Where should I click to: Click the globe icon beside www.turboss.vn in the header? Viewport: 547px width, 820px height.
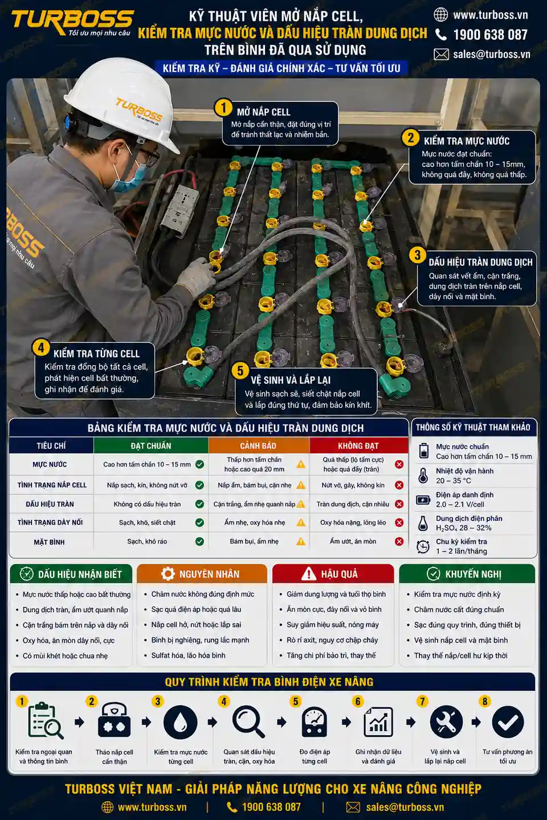[x=441, y=15]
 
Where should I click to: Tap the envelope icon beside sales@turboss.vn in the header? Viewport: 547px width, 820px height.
[x=441, y=55]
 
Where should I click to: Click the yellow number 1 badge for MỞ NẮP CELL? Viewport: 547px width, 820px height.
[x=223, y=108]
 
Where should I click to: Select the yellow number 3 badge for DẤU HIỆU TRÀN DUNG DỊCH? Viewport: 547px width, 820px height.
[x=417, y=255]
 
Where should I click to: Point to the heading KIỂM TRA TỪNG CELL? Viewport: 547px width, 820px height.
[x=96, y=354]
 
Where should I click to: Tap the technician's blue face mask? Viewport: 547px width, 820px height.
[x=129, y=177]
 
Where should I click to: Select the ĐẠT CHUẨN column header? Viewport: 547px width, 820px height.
[x=151, y=445]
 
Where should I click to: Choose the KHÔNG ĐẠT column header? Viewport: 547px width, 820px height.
[x=358, y=445]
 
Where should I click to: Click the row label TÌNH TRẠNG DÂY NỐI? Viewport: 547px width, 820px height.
[x=50, y=522]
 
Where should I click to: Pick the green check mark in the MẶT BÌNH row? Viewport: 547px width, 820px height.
[x=199, y=542]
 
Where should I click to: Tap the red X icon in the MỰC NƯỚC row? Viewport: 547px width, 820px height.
[x=399, y=464]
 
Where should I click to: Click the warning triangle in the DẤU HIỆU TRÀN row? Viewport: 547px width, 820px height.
[x=301, y=504]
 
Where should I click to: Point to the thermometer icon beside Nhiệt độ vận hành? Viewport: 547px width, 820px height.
[x=423, y=475]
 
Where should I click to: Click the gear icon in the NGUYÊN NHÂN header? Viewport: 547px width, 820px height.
[x=168, y=573]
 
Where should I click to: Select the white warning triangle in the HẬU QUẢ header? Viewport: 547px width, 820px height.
[x=308, y=573]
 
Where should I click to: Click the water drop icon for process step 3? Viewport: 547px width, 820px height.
[x=180, y=722]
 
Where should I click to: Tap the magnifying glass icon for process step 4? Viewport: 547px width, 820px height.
[x=248, y=721]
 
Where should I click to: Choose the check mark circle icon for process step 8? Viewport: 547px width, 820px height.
[x=508, y=722]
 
